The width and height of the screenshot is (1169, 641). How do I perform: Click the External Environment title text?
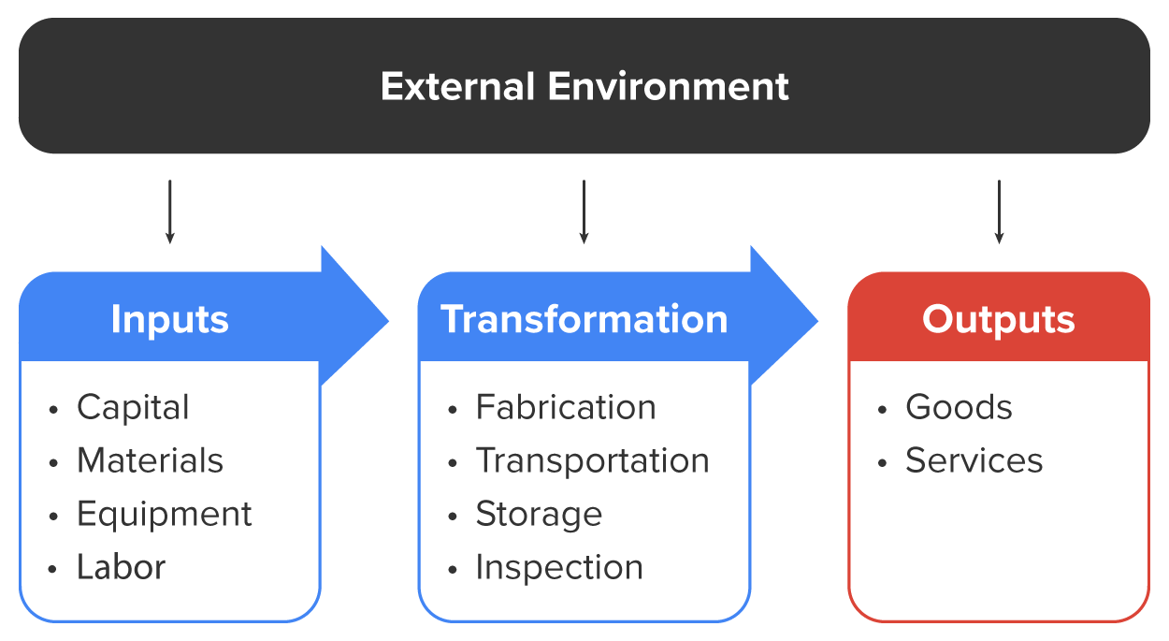click(584, 86)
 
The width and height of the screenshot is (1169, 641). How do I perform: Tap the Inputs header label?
click(169, 319)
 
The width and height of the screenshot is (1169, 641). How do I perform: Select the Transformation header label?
click(584, 319)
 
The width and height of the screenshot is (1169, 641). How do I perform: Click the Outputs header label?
click(998, 319)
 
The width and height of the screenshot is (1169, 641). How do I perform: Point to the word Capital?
click(133, 407)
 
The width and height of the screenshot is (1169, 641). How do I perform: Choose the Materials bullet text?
click(150, 460)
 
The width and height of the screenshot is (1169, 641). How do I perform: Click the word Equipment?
click(164, 514)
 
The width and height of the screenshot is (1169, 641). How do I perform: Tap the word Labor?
click(121, 567)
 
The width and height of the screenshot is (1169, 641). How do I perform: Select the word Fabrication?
click(566, 407)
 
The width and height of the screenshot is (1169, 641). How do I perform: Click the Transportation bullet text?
click(592, 460)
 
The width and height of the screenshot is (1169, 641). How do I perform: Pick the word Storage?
click(539, 514)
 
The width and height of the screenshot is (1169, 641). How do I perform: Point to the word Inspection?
click(559, 567)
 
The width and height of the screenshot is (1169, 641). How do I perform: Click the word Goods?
click(959, 407)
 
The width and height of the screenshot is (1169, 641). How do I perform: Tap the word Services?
click(974, 460)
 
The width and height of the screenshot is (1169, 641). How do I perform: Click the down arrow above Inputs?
click(169, 212)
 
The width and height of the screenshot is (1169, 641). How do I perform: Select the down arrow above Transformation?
click(584, 212)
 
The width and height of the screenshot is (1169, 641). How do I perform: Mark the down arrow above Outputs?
click(999, 212)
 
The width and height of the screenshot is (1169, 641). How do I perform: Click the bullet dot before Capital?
click(54, 410)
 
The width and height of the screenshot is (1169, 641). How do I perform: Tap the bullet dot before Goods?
click(883, 410)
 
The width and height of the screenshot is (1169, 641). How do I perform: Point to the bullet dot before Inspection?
click(454, 570)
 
